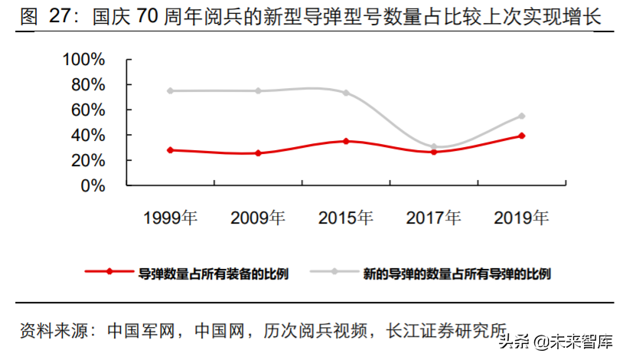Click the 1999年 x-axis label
(171, 218)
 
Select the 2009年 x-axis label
(258, 218)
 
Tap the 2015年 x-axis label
(346, 218)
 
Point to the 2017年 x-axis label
(434, 218)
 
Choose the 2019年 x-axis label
(521, 218)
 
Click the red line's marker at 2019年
(522, 136)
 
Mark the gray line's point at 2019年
(522, 116)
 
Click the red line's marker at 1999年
(171, 150)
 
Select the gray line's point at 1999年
(171, 90)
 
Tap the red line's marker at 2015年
(346, 141)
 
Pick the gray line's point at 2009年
(258, 90)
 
